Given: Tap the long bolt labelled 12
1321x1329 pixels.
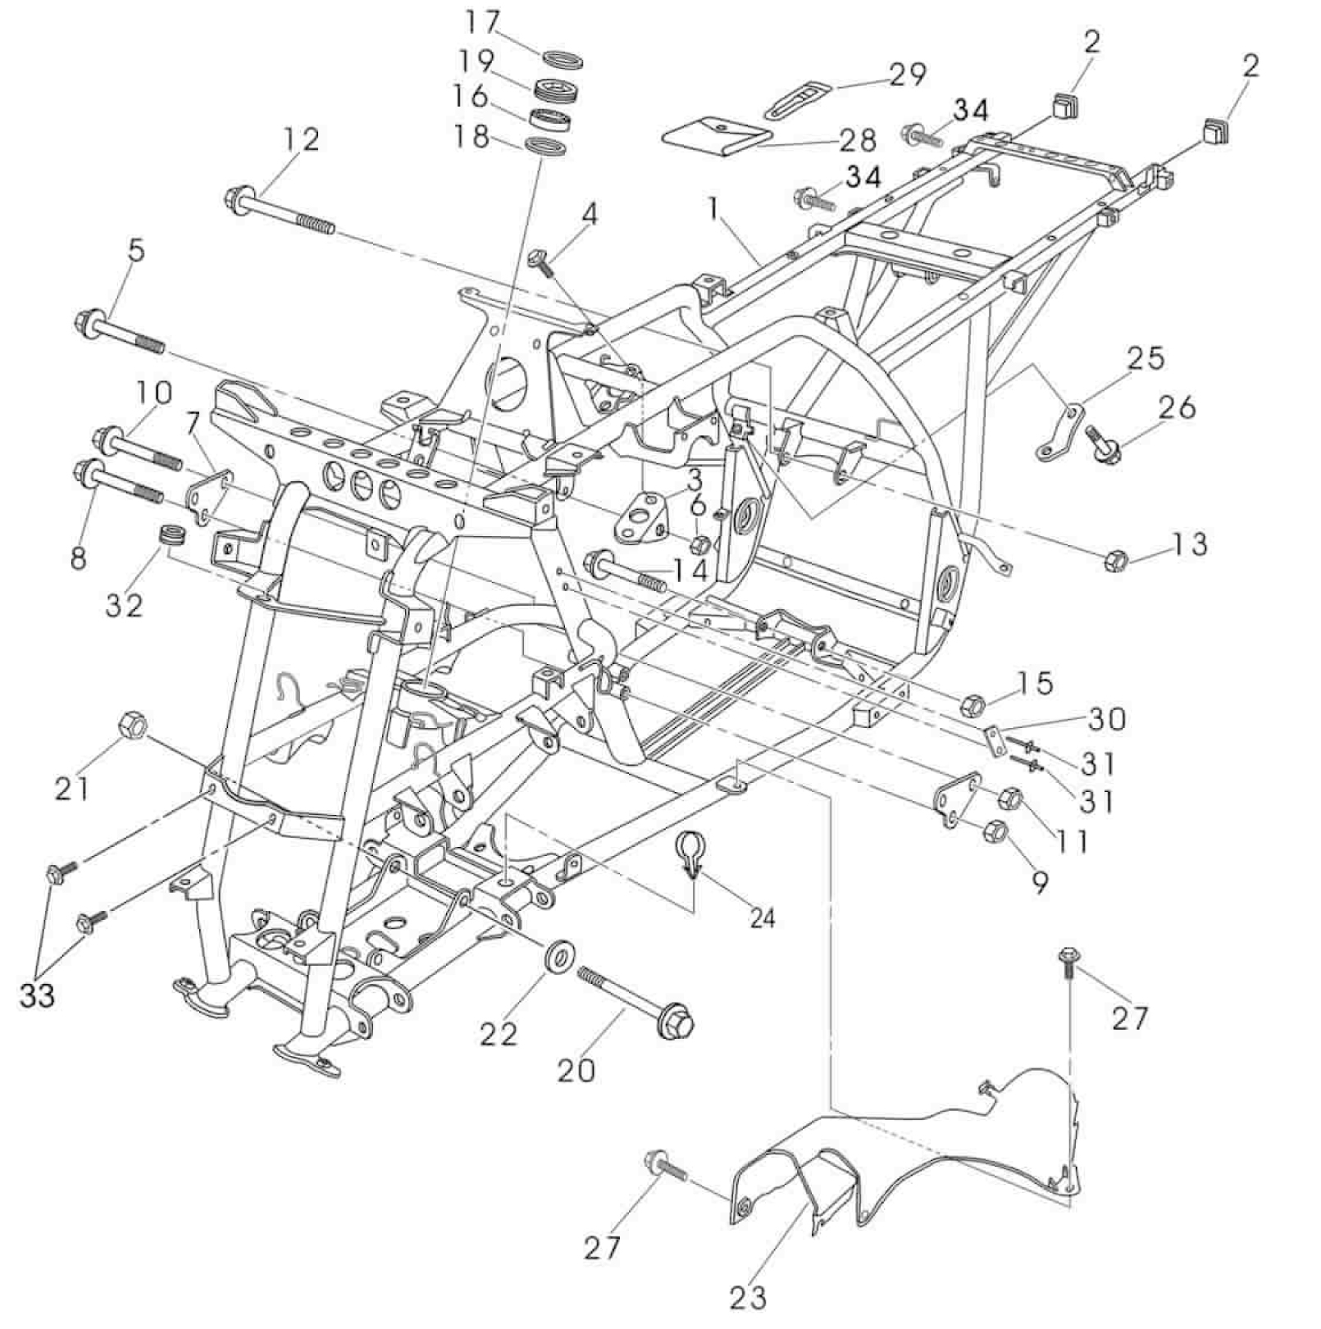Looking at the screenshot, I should tap(279, 211).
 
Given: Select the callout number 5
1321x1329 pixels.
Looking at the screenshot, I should tap(136, 250).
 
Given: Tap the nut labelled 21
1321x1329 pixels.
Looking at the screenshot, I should tap(133, 725).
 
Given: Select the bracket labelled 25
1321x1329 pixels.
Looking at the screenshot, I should tap(1060, 428).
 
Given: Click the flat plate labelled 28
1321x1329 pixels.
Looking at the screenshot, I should tap(716, 136).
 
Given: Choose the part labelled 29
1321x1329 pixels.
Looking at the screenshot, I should tap(798, 98).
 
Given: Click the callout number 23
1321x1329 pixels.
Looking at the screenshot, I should tap(747, 1297).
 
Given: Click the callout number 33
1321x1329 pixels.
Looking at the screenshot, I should tap(38, 995).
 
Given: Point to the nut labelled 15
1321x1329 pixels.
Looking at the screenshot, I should tap(973, 703).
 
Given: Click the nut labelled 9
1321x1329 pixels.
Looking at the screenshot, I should tap(997, 832).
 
